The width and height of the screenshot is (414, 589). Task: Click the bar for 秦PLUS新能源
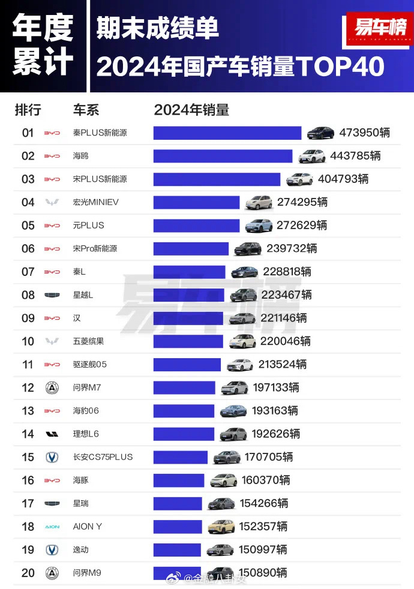227,133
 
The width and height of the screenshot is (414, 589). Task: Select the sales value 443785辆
355,156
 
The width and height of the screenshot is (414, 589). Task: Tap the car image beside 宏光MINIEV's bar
259,202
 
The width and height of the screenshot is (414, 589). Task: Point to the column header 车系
86,110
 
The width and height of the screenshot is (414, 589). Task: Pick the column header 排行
28,110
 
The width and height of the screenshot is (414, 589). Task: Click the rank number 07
28,272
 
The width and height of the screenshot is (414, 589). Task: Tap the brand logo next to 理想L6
52,434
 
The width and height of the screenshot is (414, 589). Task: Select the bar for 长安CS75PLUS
180,457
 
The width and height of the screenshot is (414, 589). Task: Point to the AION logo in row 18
52,527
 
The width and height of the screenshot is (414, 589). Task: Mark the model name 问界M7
86,387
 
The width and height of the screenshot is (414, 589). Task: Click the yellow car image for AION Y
221,527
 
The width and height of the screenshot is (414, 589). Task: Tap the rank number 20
28,573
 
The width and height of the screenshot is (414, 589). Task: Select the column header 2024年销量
191,110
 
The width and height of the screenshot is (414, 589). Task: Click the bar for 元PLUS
196,226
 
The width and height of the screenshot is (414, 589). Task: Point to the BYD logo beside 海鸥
52,156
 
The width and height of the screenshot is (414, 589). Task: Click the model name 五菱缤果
88,341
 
